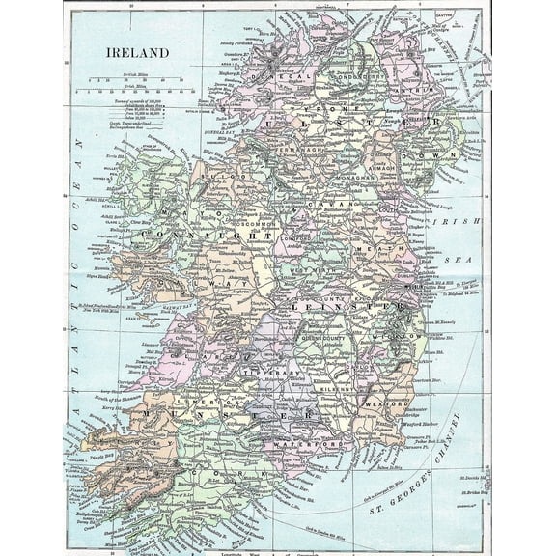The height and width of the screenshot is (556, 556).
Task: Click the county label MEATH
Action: [x=379, y=247]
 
